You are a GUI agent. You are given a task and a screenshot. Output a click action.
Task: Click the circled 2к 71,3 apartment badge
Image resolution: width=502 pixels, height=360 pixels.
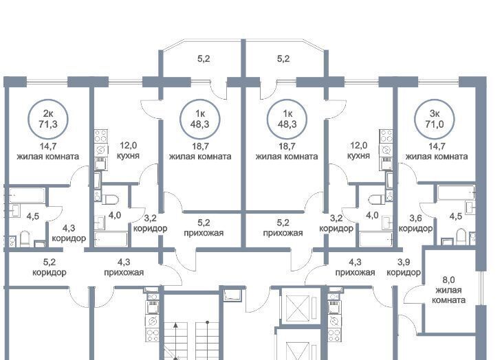click(48, 119)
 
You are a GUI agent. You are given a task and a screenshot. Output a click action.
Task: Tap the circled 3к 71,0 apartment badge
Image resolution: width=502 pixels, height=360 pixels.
click(435, 119)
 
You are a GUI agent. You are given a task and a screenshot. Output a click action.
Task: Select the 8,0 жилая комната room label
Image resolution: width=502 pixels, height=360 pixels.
click(448, 290)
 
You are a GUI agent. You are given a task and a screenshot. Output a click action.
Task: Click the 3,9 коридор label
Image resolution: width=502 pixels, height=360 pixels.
click(404, 267)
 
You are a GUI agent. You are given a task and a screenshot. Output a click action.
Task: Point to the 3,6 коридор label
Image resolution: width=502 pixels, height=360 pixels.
click(415, 223)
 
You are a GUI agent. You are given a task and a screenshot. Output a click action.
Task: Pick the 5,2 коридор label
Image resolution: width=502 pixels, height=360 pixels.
click(50, 267)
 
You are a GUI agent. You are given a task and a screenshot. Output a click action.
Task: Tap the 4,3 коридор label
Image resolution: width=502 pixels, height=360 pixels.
click(69, 233)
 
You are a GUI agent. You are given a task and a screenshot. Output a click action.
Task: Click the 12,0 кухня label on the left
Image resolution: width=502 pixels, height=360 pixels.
click(128, 150)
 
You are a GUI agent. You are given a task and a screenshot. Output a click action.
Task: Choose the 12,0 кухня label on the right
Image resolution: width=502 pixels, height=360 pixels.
click(358, 150)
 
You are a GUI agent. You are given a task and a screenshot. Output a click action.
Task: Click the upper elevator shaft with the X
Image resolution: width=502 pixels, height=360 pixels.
click(298, 307)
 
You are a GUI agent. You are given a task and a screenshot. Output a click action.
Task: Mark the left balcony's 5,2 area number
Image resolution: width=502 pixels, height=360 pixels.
click(204, 59)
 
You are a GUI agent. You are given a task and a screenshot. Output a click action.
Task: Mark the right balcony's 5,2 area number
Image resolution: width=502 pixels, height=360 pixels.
click(283, 59)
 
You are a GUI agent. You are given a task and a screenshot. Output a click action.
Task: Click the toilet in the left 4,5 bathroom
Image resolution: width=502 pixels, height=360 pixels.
click(25, 239)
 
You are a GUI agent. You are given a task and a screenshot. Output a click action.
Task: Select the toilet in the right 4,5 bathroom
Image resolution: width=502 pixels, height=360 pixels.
click(461, 236)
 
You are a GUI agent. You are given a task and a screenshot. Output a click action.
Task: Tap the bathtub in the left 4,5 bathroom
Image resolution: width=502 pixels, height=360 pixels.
click(27, 195)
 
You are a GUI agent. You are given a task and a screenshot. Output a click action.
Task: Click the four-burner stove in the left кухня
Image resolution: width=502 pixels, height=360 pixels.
click(100, 136)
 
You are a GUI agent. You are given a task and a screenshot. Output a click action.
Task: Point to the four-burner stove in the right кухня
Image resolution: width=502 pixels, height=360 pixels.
click(386, 136)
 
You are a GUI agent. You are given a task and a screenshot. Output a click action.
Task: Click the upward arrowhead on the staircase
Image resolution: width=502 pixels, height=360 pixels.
click(176, 326)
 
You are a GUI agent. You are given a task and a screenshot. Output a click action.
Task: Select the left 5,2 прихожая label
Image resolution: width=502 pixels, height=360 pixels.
click(204, 227)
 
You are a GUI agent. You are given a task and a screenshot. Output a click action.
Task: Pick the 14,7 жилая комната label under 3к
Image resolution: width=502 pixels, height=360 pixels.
click(437, 151)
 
